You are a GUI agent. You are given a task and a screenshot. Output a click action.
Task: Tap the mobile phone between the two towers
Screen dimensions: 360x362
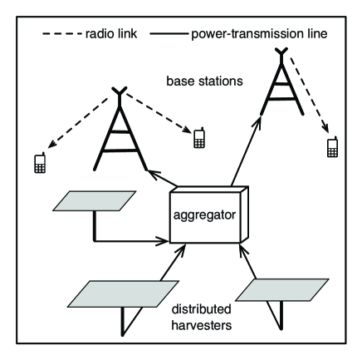click(x=198, y=138)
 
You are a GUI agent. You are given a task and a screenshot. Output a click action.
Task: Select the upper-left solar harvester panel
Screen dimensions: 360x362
click(x=93, y=201)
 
